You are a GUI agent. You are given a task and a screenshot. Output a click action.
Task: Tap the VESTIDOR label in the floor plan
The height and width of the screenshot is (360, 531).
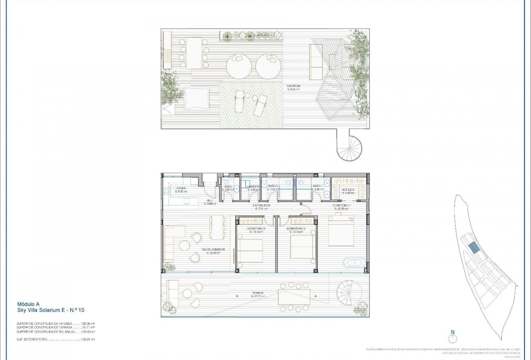[348, 190]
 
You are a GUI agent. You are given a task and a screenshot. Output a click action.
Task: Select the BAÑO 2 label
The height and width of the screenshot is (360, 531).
[273, 186]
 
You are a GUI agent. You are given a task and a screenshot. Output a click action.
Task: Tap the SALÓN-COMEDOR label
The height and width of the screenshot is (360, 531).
[213, 250]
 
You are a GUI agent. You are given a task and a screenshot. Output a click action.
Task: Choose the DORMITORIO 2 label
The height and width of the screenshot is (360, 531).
[296, 228]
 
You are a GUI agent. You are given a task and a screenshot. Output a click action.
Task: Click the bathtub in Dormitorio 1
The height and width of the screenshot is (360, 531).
[354, 263]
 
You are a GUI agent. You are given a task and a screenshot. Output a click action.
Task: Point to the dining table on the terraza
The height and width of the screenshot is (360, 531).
[294, 297]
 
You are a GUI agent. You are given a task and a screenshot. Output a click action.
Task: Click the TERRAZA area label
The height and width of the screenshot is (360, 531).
[258, 293]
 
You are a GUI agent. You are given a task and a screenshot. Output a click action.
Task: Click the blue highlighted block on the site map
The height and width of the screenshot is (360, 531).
[475, 247]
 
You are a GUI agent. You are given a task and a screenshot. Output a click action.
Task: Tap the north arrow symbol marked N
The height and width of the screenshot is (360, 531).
[453, 337]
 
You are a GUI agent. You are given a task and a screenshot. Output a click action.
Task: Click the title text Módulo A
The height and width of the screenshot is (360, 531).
[28, 304]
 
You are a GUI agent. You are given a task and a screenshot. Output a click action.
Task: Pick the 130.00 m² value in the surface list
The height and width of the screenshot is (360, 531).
[88, 323]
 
